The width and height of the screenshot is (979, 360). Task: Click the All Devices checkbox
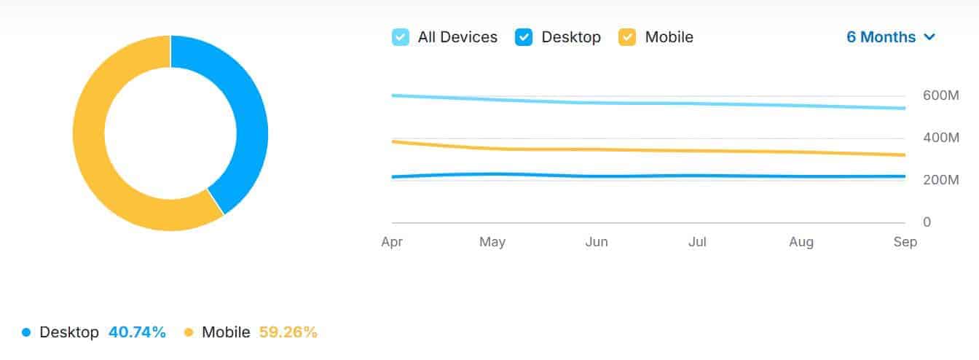click(x=401, y=37)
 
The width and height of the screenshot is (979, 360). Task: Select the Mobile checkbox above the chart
click(x=627, y=37)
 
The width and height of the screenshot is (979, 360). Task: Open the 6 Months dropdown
click(x=890, y=37)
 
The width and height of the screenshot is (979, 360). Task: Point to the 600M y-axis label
click(x=940, y=95)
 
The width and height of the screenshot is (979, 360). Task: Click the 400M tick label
click(x=940, y=138)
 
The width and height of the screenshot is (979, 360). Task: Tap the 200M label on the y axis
click(x=940, y=180)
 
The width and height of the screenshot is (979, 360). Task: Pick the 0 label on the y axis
click(x=927, y=222)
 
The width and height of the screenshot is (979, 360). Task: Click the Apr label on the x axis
click(x=392, y=242)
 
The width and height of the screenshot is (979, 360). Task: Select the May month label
click(x=492, y=242)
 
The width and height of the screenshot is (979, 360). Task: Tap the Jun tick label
click(x=597, y=242)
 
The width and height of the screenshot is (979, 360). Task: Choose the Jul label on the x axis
click(x=697, y=242)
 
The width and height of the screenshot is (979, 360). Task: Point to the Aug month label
click(x=801, y=242)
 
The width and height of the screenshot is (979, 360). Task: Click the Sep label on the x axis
click(x=905, y=242)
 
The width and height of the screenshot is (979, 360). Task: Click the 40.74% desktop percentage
click(x=137, y=332)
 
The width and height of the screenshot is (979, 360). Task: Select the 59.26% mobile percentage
click(x=288, y=332)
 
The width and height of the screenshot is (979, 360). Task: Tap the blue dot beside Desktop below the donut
click(x=27, y=332)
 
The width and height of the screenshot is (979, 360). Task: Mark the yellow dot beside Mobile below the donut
click(x=189, y=332)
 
